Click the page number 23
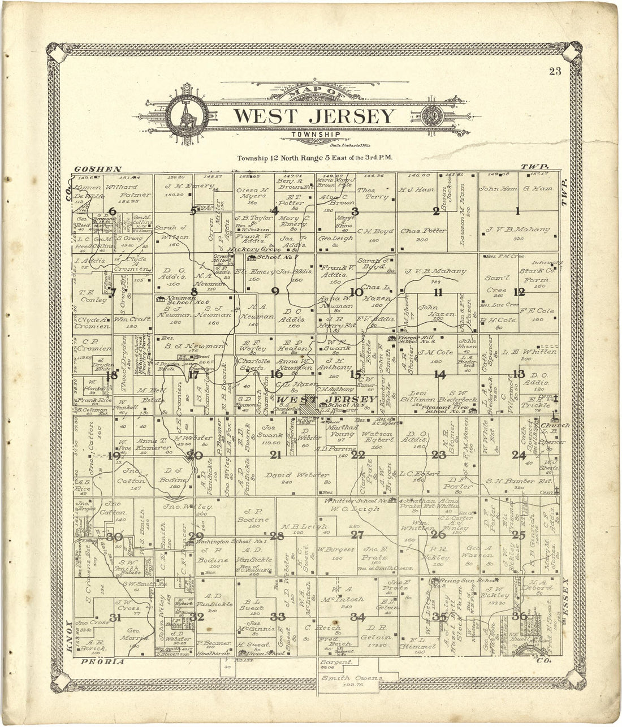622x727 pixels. click(554, 71)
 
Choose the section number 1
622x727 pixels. click(517, 212)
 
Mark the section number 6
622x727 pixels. click(112, 212)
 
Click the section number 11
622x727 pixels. click(438, 292)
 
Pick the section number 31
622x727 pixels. click(115, 618)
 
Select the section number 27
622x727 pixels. click(357, 535)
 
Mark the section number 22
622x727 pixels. click(357, 455)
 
